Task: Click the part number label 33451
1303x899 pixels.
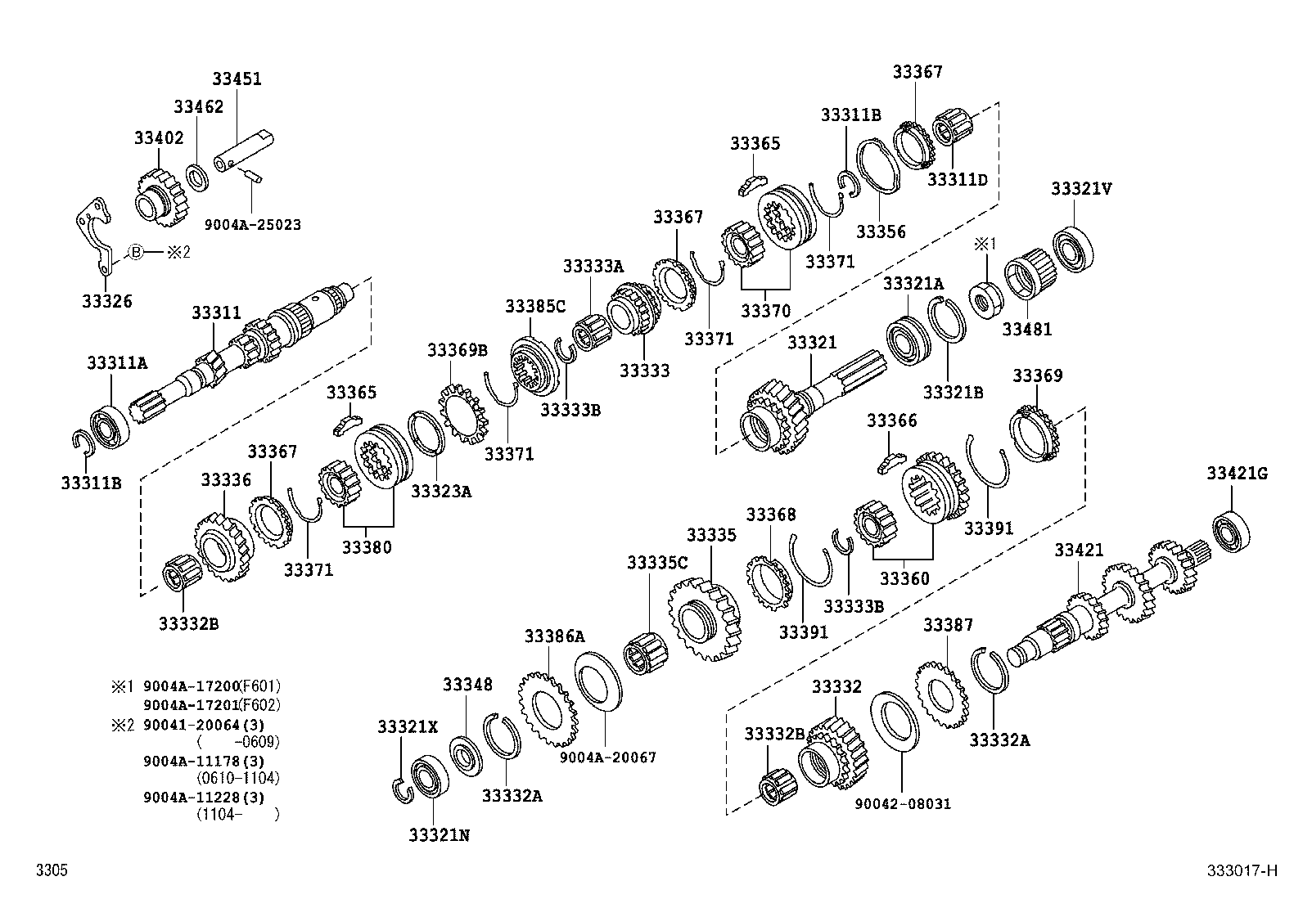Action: pyautogui.click(x=237, y=79)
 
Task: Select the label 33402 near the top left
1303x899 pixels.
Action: pyautogui.click(x=159, y=138)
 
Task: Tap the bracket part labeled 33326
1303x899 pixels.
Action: pyautogui.click(x=97, y=237)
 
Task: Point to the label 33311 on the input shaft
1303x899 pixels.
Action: pyautogui.click(x=216, y=312)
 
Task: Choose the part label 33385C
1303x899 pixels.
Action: pyautogui.click(x=535, y=306)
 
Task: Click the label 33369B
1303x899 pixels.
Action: pyautogui.click(x=457, y=351)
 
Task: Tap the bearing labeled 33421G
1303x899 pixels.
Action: pyautogui.click(x=1230, y=531)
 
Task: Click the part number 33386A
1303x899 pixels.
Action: pyautogui.click(x=555, y=636)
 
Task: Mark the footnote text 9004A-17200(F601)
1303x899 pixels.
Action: pyautogui.click(x=211, y=686)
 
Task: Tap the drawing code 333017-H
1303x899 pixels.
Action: pyautogui.click(x=1241, y=870)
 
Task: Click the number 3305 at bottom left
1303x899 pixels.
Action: pyautogui.click(x=52, y=870)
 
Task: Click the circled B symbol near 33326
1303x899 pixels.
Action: pyautogui.click(x=136, y=252)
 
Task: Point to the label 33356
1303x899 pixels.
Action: pyautogui.click(x=881, y=231)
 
